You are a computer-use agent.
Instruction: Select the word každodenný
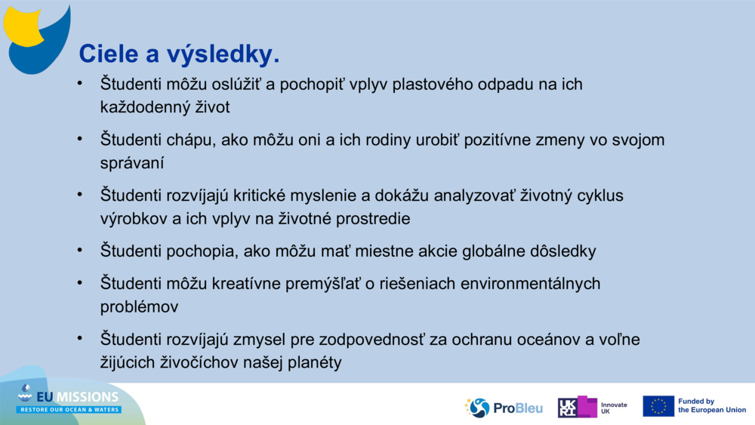[x=140, y=107]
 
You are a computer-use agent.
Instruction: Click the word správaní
[x=132, y=163]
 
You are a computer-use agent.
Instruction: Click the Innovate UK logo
[x=593, y=408]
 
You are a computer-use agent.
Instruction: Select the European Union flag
[x=658, y=406]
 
